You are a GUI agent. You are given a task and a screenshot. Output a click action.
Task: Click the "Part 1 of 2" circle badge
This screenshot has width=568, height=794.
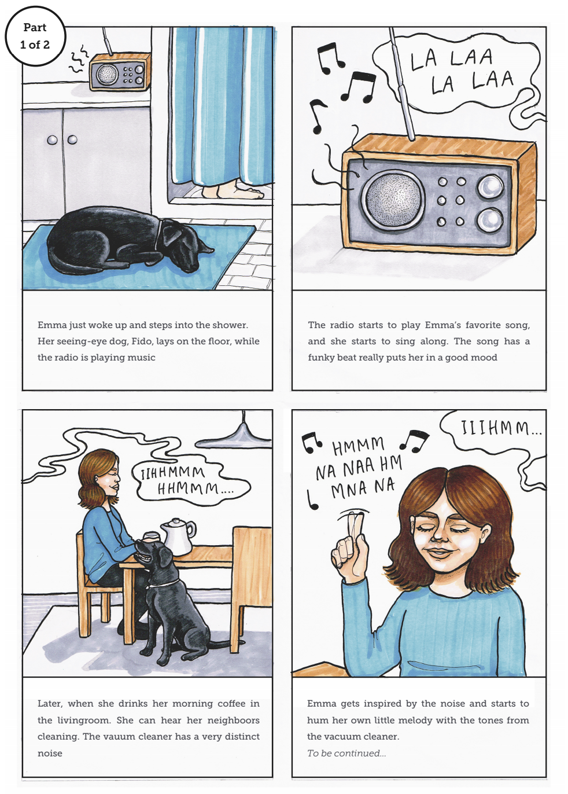(x=35, y=36)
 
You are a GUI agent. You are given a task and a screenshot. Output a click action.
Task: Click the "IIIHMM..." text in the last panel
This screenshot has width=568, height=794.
(x=501, y=428)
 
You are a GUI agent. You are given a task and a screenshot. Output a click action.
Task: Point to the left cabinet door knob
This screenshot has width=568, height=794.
(x=52, y=139)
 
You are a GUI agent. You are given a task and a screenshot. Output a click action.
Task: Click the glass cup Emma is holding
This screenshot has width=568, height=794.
(x=150, y=536)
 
